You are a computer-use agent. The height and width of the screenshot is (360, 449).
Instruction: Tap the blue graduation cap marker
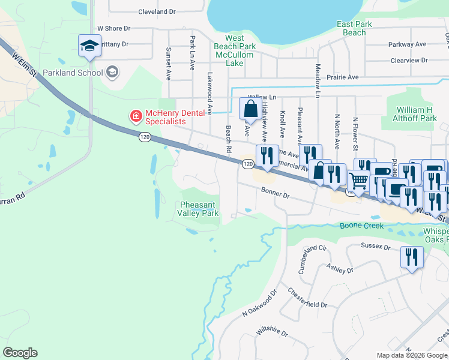[x=89, y=46]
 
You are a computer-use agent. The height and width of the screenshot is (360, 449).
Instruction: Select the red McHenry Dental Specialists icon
[x=136, y=115]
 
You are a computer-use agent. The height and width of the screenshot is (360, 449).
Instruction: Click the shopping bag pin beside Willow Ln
[x=249, y=109]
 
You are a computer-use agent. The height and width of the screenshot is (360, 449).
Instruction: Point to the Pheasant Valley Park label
[x=199, y=209]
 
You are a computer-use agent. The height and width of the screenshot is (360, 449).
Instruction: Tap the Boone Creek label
[x=361, y=226]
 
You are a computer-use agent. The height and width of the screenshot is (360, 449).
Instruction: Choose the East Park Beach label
[x=354, y=28]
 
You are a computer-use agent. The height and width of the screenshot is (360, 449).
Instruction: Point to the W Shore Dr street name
[x=113, y=28]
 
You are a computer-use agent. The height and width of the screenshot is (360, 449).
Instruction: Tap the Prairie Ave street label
[x=342, y=77]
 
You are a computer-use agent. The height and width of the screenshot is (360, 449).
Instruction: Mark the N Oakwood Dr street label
[x=259, y=304]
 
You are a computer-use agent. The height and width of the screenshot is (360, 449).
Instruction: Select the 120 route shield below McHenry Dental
[x=144, y=137]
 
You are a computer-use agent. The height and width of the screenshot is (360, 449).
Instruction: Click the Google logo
[x=20, y=353]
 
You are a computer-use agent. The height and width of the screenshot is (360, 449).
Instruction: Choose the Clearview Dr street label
[x=408, y=60]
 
